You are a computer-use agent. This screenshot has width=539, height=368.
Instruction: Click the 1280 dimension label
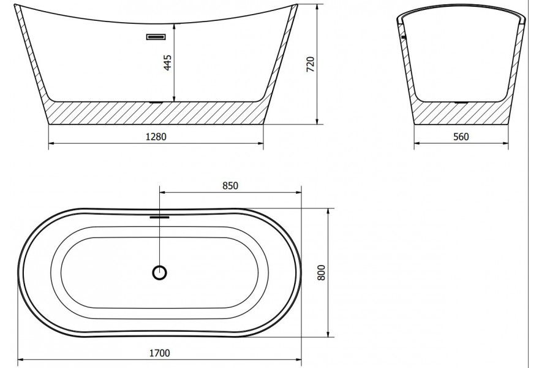click(156, 137)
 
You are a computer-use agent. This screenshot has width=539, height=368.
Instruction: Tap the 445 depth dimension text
click(167, 63)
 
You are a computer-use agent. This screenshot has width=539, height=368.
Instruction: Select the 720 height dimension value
click(311, 64)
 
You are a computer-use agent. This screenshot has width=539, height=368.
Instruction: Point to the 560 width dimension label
click(461, 137)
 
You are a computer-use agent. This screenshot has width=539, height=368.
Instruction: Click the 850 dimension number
click(230, 186)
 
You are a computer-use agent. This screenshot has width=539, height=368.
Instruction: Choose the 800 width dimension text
click(321, 272)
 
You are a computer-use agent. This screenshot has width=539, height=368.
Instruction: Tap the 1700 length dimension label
click(159, 353)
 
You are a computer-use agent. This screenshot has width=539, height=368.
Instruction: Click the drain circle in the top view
click(159, 273)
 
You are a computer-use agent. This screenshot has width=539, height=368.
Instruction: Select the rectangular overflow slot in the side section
click(156, 36)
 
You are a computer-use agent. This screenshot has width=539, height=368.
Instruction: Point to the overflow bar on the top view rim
click(159, 217)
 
